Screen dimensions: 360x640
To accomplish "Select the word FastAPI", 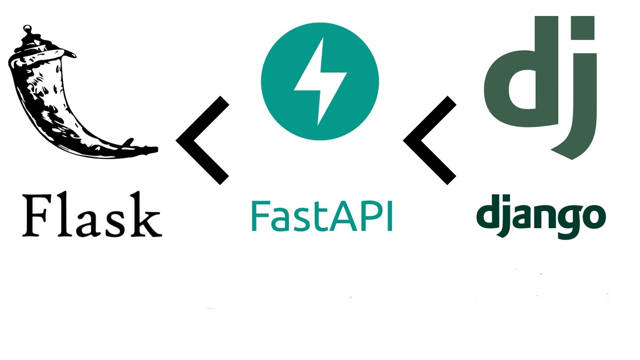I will coord(322,214).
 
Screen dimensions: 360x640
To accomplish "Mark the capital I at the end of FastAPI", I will coord(389,214).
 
